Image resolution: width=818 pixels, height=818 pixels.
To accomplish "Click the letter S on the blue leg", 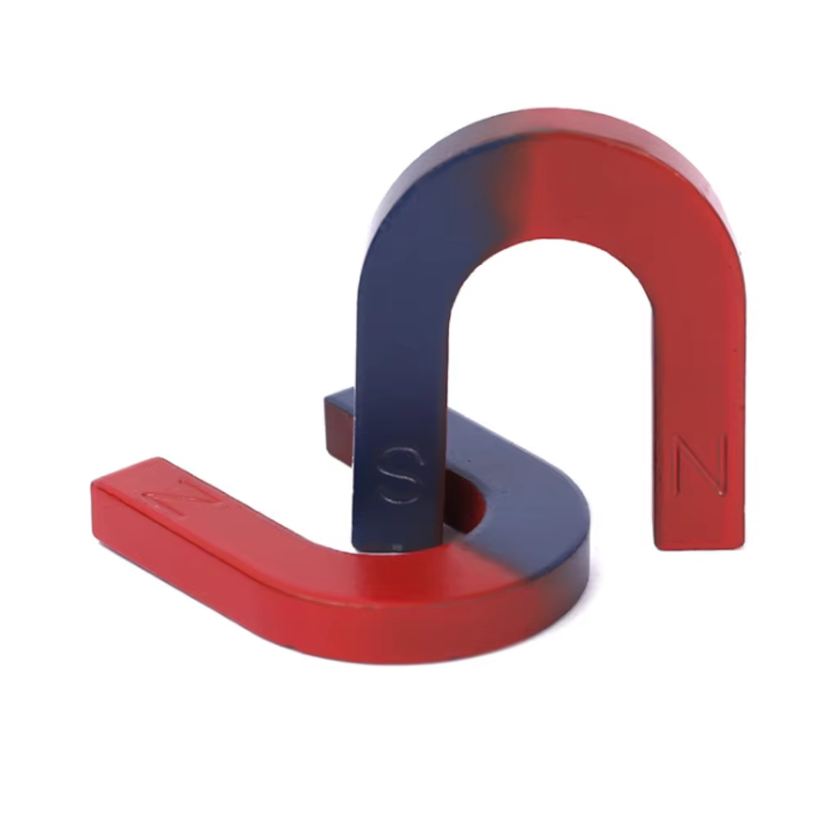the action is tap(400, 474).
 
